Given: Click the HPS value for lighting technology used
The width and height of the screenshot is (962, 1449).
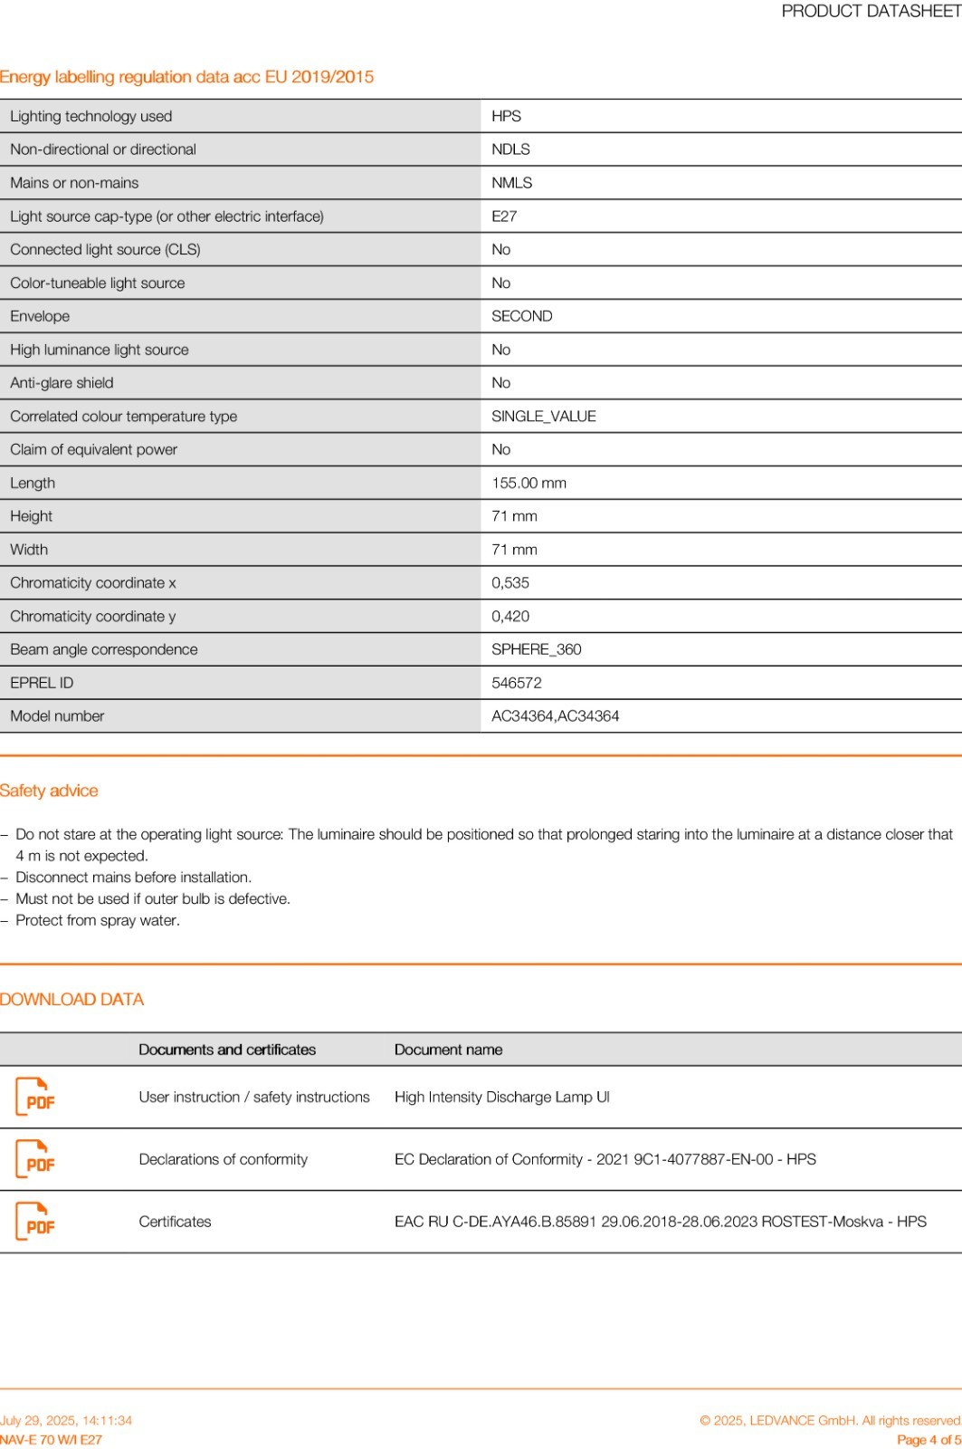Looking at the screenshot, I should (506, 116).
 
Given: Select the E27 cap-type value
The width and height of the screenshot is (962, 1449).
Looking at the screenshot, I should (504, 216).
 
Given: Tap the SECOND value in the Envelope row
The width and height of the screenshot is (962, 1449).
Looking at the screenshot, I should (521, 316).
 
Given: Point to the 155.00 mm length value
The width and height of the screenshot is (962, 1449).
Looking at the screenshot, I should (529, 483).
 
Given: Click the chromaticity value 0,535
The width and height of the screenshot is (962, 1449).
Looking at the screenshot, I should (510, 583).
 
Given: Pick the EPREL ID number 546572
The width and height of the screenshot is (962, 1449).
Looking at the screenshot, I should (517, 683).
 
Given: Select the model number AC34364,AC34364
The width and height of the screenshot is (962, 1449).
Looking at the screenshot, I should (555, 716).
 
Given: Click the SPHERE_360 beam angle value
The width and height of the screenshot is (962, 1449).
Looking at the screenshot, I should (536, 649).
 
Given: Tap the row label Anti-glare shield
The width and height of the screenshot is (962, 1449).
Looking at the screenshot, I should (62, 383).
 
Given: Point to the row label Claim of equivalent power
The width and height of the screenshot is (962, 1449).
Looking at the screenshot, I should (93, 449).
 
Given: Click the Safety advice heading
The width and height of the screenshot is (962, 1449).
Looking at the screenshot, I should (49, 791).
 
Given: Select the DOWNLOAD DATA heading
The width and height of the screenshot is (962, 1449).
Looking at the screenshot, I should (71, 999).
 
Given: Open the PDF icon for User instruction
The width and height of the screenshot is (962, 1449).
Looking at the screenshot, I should (35, 1097).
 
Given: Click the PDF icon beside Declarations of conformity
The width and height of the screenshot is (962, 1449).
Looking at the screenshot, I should (35, 1159).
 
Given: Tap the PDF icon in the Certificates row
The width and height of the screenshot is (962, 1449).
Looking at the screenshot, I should (35, 1222).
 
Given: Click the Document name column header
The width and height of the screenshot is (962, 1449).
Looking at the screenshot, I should (448, 1050).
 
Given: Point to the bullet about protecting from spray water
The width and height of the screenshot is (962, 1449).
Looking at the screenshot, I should (98, 920).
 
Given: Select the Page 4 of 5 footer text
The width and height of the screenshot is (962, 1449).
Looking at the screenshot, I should (929, 1440).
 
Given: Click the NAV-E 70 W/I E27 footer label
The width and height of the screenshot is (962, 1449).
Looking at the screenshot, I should (51, 1440).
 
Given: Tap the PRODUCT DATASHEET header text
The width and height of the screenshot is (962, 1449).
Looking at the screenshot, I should (871, 11).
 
